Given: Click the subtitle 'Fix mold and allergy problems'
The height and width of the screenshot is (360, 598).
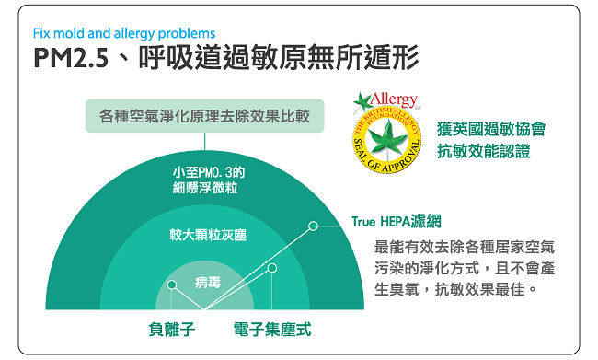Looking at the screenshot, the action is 124,33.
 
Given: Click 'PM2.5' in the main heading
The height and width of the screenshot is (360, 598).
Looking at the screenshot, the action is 71,58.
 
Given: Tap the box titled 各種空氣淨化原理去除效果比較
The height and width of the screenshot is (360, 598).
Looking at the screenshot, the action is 205,116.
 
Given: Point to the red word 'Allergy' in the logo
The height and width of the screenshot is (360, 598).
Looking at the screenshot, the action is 394,99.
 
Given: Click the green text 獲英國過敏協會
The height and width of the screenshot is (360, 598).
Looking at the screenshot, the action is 491,129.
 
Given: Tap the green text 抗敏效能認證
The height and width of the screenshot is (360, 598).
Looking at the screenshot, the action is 484,151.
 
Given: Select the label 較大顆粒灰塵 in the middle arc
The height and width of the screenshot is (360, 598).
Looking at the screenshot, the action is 208,235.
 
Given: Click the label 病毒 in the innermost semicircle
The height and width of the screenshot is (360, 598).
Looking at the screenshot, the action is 208,283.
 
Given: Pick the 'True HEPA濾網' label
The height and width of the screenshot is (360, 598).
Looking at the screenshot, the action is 397,221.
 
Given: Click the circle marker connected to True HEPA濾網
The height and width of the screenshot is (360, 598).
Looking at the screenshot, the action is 313,226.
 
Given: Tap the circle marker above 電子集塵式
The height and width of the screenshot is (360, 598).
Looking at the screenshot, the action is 272,268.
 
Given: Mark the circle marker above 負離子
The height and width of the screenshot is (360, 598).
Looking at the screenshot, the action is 172,285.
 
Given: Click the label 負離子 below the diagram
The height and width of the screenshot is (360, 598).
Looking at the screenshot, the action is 172,329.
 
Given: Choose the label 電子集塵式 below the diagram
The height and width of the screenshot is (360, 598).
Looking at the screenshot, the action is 272,329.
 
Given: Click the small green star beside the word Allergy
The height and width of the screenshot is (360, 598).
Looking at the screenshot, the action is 362,101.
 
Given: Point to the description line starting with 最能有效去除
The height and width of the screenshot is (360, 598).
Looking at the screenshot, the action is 464,247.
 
